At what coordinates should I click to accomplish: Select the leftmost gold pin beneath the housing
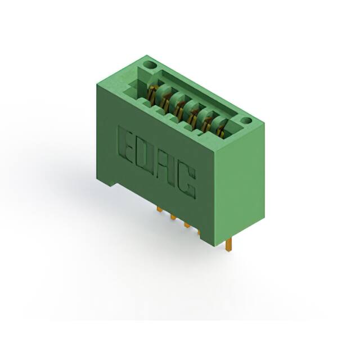pos(160,209)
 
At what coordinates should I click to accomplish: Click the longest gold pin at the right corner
pos(228,244)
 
